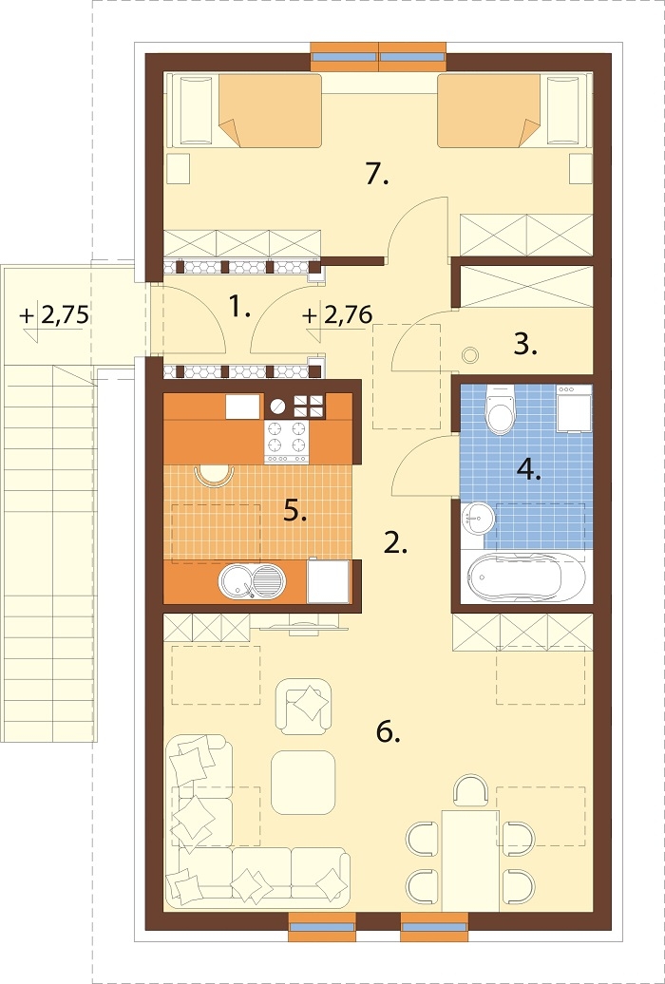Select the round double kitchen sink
(x=251, y=580)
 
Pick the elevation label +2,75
(x=54, y=314)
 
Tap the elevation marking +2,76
(x=337, y=313)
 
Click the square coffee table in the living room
(x=302, y=782)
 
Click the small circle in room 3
(x=469, y=354)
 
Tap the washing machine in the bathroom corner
(x=574, y=408)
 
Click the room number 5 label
(x=294, y=512)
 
